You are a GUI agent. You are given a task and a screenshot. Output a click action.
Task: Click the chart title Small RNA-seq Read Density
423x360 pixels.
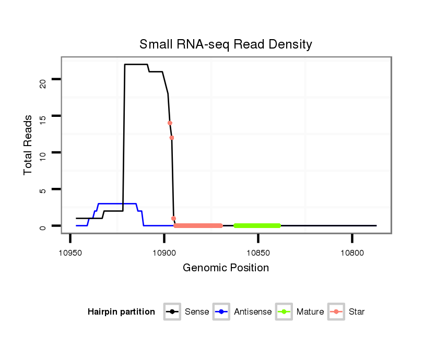point(226,44)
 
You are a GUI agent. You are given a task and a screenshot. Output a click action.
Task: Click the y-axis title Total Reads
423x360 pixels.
point(28,145)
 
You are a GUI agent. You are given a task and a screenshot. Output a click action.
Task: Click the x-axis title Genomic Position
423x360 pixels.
point(226,268)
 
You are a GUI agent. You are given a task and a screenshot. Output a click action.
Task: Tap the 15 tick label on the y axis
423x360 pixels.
point(42,116)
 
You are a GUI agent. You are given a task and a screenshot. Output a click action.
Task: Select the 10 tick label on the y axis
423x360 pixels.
point(42,153)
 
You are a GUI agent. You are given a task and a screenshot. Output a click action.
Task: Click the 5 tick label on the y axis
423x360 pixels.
point(42,189)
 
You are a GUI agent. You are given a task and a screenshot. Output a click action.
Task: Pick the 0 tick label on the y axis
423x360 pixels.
point(42,226)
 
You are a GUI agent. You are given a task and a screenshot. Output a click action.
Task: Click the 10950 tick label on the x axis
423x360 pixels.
point(70,253)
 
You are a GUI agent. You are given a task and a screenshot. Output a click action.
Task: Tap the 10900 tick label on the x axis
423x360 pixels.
point(164,253)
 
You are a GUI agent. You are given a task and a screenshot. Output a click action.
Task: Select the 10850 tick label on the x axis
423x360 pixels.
point(258,253)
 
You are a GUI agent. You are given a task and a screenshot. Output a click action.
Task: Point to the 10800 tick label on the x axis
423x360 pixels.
point(352,253)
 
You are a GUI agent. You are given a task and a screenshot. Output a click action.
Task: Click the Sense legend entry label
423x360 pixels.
point(197,312)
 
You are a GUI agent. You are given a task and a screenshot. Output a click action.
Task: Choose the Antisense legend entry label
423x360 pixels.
point(253,312)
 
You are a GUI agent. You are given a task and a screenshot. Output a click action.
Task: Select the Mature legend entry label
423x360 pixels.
point(310,312)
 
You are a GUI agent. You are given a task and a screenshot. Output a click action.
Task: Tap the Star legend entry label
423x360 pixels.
point(357,312)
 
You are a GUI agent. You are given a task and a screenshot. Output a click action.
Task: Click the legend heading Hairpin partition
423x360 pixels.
point(121,312)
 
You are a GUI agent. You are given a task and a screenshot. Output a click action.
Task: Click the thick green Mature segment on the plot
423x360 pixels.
point(257,225)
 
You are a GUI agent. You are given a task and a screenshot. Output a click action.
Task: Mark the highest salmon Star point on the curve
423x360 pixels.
point(170,123)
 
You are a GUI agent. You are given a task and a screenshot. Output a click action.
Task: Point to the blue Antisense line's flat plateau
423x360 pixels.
point(118,203)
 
